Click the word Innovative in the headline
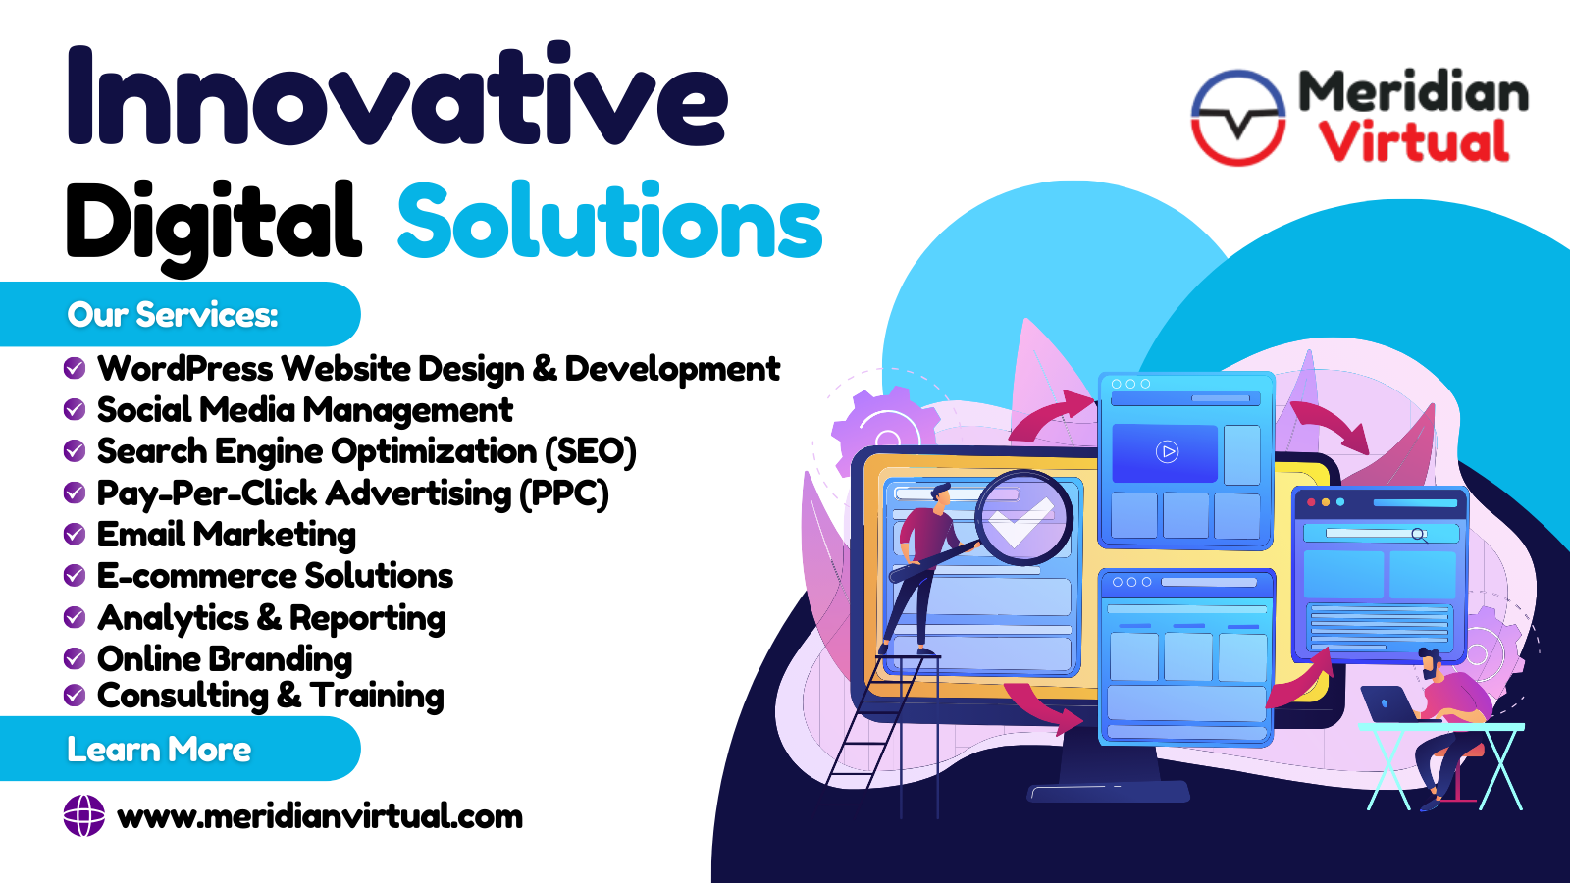coord(396,94)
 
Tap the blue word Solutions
coord(609,220)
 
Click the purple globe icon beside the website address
coord(84,815)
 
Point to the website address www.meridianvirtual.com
coord(320,816)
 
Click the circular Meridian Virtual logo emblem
coord(1238,117)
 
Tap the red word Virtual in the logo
coord(1414,141)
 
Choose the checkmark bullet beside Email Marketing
coord(75,534)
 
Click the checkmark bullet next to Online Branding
coord(75,658)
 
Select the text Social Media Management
coord(305,409)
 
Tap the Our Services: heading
coord(173,315)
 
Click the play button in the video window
coord(1167,451)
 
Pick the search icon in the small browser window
coord(1419,535)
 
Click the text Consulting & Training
coord(271,696)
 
